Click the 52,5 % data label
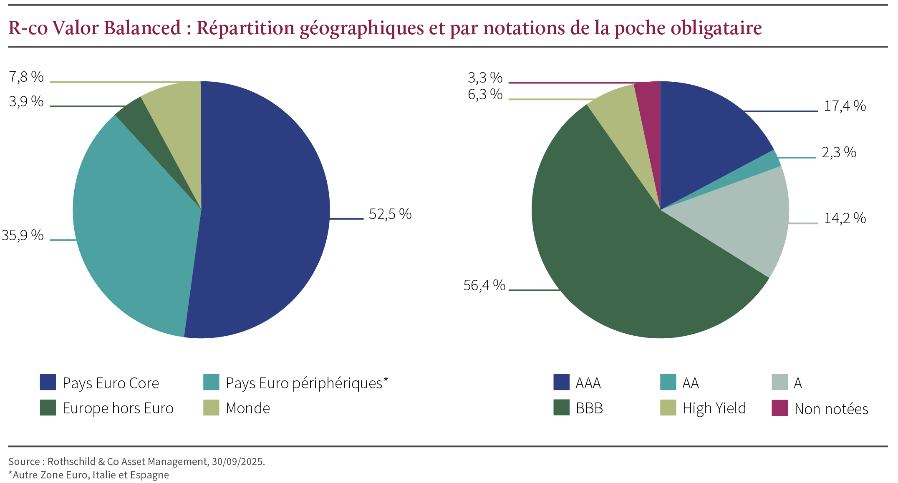pos(390,214)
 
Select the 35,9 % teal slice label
pos(23,236)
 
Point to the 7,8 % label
pos(26,77)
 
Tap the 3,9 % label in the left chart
pos(26,102)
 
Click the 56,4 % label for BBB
pos(484,286)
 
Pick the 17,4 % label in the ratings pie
pos(845,106)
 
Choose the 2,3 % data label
pos(839,153)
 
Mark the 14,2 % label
pos(845,219)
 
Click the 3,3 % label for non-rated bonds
pos(485,78)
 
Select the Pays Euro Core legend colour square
pos(48,382)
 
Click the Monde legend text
pos(248,408)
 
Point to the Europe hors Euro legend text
pos(118,408)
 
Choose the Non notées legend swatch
pos(779,408)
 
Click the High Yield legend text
pos(714,408)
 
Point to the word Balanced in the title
pos(142,28)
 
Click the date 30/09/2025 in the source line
pos(237,462)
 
